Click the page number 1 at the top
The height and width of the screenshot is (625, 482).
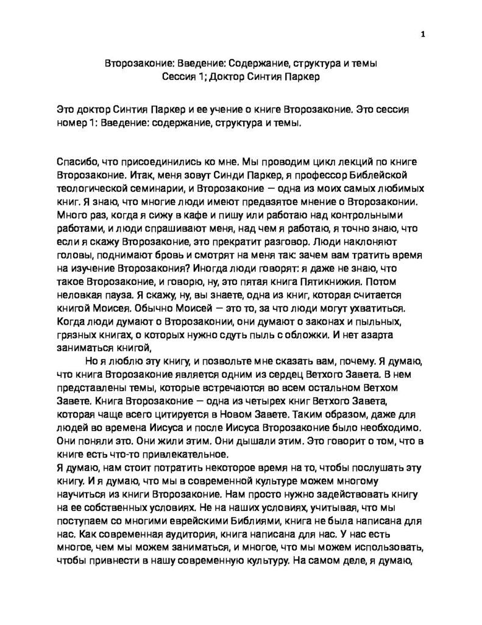[422, 34]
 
